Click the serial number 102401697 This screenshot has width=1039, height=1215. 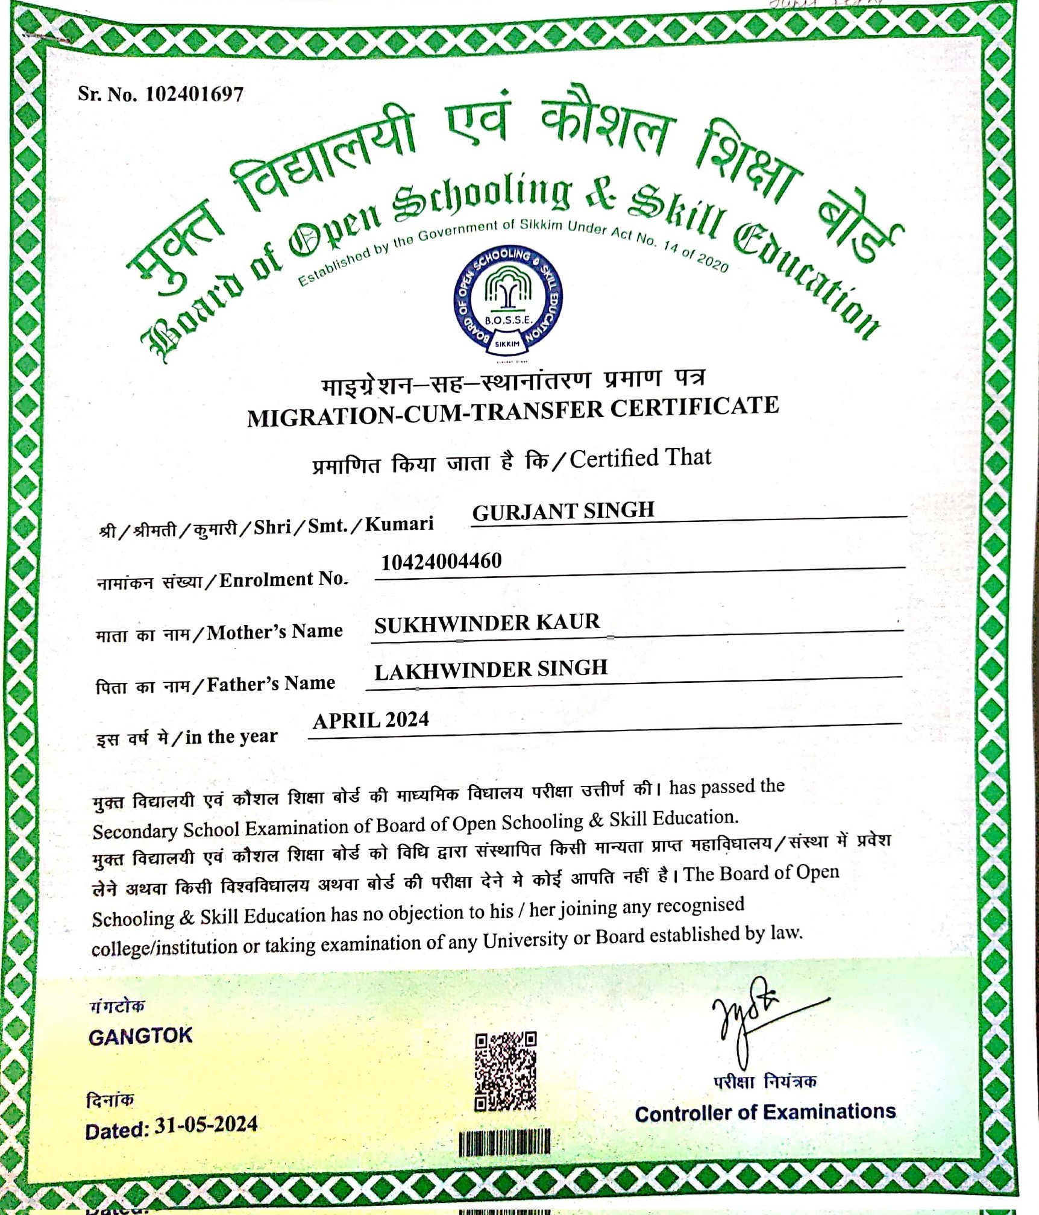click(194, 94)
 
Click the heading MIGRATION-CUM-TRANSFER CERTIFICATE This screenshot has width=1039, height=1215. click(512, 412)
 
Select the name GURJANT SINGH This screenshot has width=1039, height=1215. click(563, 511)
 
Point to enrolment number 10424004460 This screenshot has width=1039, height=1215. click(441, 562)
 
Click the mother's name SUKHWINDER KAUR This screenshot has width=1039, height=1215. click(487, 623)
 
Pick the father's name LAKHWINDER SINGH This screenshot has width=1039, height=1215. click(491, 670)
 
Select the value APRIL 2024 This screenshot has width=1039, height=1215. click(371, 720)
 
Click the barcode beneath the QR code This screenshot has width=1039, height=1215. click(504, 1143)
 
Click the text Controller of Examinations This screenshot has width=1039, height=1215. click(765, 1113)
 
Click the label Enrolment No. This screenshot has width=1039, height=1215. click(283, 580)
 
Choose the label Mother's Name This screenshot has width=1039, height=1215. click(275, 632)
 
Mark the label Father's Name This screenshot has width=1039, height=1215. click(271, 684)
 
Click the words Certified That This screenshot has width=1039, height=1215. click(640, 458)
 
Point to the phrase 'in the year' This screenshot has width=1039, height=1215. click(231, 736)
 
